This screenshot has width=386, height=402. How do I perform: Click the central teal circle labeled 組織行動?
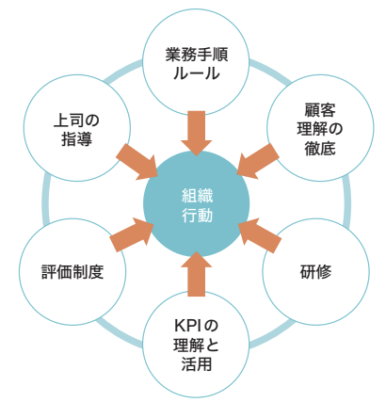197,203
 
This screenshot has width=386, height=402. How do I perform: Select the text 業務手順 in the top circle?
197,55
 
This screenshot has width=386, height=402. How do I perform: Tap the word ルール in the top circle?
197,73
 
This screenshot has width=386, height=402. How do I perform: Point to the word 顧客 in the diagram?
320,109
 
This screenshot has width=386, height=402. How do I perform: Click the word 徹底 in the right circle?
320,148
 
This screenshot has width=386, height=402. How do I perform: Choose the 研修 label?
315,272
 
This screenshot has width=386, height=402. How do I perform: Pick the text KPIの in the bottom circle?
196,326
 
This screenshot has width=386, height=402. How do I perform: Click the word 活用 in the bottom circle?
197,364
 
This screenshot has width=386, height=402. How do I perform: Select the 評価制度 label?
72,272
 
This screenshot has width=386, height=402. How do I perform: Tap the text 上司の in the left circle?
76,121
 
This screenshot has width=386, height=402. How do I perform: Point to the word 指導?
76,139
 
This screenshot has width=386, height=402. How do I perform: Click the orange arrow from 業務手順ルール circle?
197,134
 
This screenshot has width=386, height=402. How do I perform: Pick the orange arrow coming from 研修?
260,235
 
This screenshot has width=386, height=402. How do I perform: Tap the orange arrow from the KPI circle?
197,274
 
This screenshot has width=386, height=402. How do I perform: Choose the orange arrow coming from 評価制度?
132,234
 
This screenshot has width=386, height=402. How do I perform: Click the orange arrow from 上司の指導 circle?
137,162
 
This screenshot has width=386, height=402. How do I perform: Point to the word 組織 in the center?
197,196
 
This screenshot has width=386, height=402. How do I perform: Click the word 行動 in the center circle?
197,215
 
